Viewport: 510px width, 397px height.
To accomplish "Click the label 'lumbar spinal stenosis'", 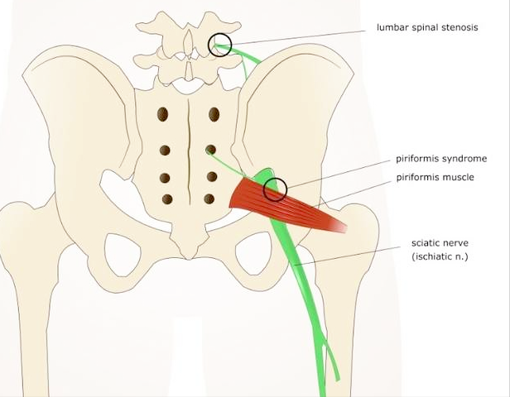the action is (427, 27).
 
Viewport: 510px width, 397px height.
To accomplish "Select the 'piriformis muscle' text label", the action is (435, 177).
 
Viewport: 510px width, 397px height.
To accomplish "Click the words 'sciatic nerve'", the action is (440, 243).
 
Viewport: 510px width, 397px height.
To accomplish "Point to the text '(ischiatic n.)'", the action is (440, 256).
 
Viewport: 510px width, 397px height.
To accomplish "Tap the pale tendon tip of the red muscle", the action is (339, 226).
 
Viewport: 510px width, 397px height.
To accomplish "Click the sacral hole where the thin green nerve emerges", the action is (211, 150).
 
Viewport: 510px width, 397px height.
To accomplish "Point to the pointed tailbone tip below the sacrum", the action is (188, 256).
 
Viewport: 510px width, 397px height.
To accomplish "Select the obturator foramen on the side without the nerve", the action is (123, 255).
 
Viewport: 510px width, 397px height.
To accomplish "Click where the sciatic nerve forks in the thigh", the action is (322, 338).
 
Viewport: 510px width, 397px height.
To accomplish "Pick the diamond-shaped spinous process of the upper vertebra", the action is (188, 42).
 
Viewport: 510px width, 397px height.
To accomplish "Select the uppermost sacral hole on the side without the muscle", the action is (162, 114).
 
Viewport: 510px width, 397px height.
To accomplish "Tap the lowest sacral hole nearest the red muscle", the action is (209, 198).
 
